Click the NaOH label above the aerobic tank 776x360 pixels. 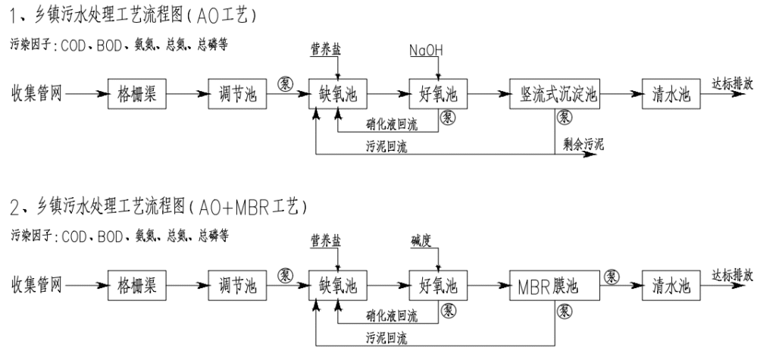[x=426, y=51]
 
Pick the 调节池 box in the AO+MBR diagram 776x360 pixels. [x=233, y=287]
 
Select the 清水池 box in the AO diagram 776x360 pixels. [x=671, y=95]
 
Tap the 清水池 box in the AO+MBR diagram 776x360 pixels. [x=671, y=287]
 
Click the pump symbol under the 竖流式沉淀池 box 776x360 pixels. [x=565, y=117]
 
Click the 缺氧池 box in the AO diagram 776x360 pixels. [x=337, y=95]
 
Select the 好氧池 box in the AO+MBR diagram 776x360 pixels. [x=438, y=287]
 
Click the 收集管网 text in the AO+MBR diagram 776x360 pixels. [x=35, y=287]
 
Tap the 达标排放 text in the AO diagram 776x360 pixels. [x=732, y=85]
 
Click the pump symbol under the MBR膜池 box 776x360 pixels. [x=565, y=310]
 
